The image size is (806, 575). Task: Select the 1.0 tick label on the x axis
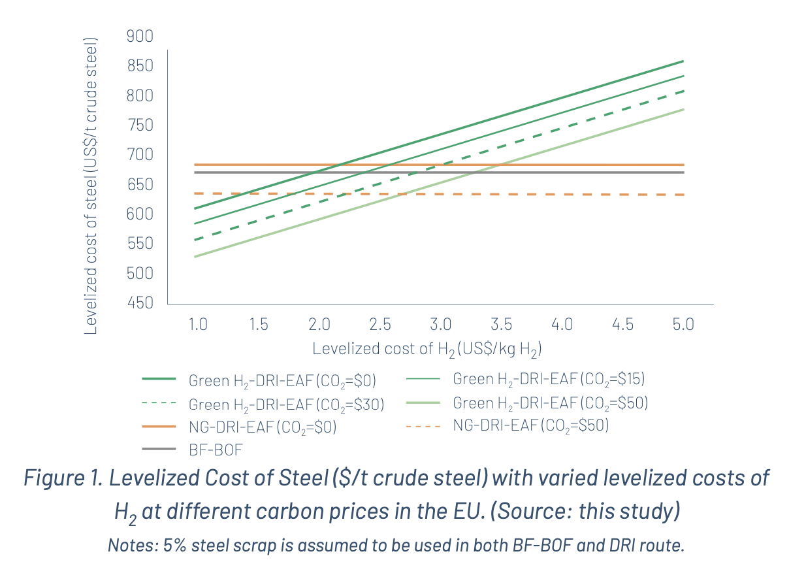click(198, 324)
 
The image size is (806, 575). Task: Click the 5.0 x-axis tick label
click(683, 324)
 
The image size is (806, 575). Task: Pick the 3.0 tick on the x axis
click(441, 324)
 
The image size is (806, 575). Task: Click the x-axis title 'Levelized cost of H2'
click(427, 348)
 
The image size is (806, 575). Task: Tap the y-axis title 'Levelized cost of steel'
click(91, 186)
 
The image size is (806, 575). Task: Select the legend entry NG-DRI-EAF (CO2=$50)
click(530, 425)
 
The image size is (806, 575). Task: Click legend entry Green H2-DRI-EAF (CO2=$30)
click(286, 405)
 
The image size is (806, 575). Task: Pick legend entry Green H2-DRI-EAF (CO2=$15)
click(549, 378)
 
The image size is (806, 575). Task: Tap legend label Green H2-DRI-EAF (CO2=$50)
click(550, 402)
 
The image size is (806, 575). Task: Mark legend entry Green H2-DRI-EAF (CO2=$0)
click(282, 381)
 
